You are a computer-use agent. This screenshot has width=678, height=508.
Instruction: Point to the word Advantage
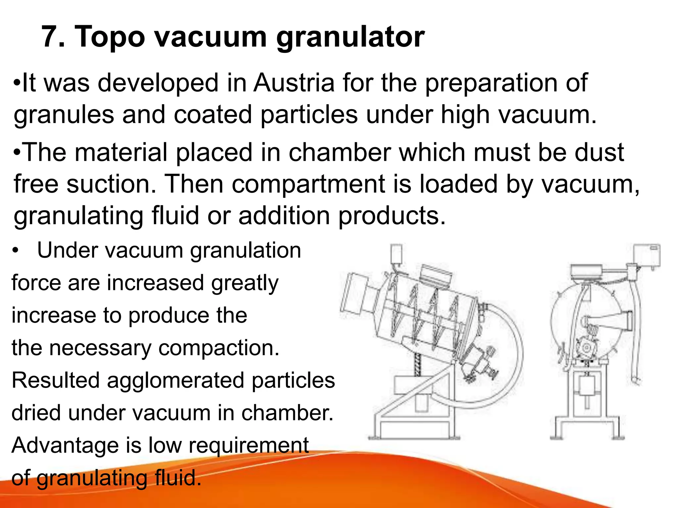click(65, 445)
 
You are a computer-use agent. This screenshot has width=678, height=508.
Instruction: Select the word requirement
click(249, 446)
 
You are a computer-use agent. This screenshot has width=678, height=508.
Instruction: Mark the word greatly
click(245, 284)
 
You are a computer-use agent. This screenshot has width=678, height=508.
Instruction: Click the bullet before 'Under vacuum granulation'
click(15, 251)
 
